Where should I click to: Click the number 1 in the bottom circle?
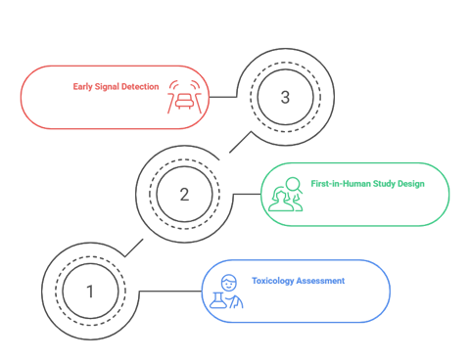(x=90, y=292)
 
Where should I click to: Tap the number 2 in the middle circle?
(x=184, y=194)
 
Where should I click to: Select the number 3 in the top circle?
(x=285, y=97)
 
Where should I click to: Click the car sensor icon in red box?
(x=182, y=95)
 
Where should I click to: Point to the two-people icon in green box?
(x=286, y=195)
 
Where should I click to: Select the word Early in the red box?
(x=84, y=86)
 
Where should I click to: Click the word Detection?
(x=140, y=86)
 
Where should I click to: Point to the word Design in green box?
(x=411, y=183)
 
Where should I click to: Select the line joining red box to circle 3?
(x=223, y=97)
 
